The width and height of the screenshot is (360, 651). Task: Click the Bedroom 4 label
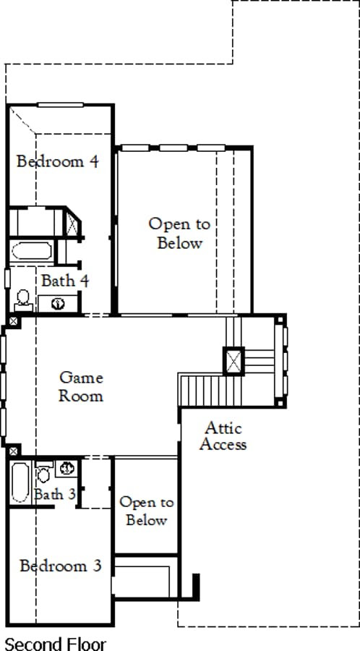pos(58,161)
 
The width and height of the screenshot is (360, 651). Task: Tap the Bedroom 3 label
pos(61,566)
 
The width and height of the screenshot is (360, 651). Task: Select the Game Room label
pos(81,386)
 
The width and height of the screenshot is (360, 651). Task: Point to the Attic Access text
pos(223,436)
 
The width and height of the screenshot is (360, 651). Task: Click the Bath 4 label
pos(65,281)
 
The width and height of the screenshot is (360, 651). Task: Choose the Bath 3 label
pos(55,495)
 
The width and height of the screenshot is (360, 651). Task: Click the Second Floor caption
pos(55,644)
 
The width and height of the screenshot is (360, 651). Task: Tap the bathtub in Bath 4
pos(32,251)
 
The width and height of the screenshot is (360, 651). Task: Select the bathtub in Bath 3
pos(20,482)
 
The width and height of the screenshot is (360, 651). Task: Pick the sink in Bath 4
pos(58,304)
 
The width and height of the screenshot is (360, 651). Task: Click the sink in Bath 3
pos(67,468)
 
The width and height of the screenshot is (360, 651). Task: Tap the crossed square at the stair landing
pos(234,361)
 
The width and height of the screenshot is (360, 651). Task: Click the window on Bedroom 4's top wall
pos(60,105)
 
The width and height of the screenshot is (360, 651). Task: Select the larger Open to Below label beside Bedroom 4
pos(179,234)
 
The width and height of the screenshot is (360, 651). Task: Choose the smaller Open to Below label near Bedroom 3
pos(147,511)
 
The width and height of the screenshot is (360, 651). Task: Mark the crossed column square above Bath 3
pos(13,451)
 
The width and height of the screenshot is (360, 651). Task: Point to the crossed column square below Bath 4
pos(13,320)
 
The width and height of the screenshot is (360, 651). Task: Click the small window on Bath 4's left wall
pos(7,278)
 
